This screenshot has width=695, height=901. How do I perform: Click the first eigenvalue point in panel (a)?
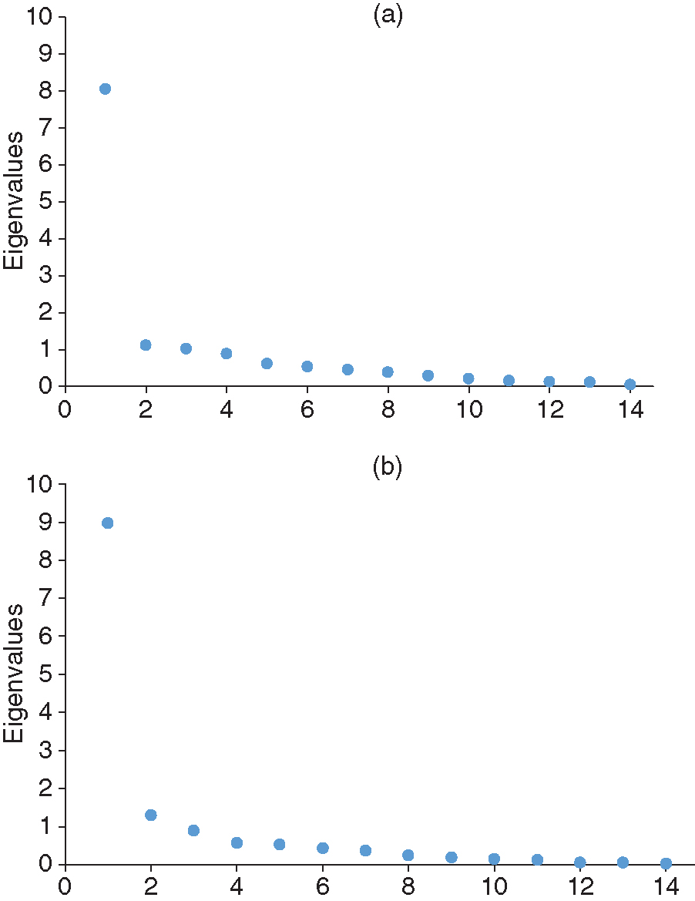105,89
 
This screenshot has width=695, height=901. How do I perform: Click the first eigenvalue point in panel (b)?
108,523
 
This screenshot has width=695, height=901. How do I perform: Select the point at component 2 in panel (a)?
146,345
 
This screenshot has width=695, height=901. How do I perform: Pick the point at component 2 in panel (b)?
151,815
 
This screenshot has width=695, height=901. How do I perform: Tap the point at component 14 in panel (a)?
630,384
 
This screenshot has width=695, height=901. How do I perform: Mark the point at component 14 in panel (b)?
666,863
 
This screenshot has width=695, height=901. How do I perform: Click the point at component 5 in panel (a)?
267,363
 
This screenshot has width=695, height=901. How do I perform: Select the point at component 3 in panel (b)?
193,830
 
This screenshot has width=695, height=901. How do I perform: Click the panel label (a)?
388,15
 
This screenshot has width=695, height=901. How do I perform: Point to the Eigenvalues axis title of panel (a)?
14,200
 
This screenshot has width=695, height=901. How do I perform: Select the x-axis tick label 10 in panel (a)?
468,407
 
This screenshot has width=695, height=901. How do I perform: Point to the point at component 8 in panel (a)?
388,371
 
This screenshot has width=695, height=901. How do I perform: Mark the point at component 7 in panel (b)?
365,850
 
